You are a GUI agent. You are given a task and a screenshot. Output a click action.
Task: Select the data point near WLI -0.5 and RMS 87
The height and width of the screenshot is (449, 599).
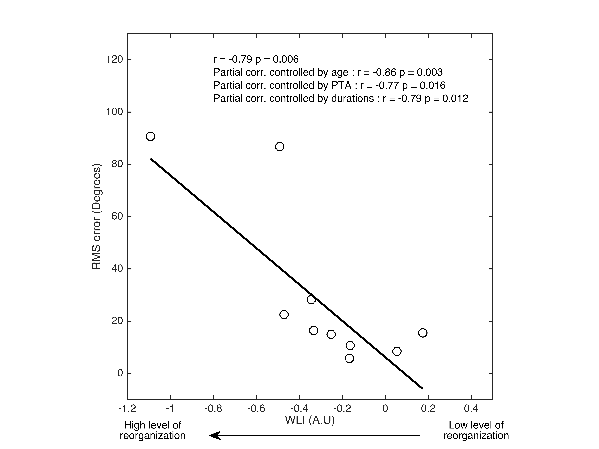coord(279,147)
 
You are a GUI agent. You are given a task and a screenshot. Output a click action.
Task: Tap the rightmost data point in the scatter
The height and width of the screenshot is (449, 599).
coord(423,333)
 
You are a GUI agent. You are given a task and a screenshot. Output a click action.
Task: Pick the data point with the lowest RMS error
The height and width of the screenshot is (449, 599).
coord(349,358)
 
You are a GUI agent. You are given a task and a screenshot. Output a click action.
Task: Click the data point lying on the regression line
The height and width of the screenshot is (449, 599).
coord(311,300)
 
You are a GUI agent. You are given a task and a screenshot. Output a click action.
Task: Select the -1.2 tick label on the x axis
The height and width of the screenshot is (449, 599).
coord(127,409)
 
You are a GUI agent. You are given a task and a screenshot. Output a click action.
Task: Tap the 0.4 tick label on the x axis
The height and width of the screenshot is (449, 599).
coord(471,409)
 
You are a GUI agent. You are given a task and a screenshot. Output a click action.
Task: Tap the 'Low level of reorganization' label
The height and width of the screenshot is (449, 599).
coord(476,430)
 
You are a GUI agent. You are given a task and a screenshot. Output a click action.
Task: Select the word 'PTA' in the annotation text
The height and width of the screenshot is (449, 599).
coord(341,86)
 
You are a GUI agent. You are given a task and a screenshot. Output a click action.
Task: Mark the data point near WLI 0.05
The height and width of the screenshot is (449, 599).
coord(397,351)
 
